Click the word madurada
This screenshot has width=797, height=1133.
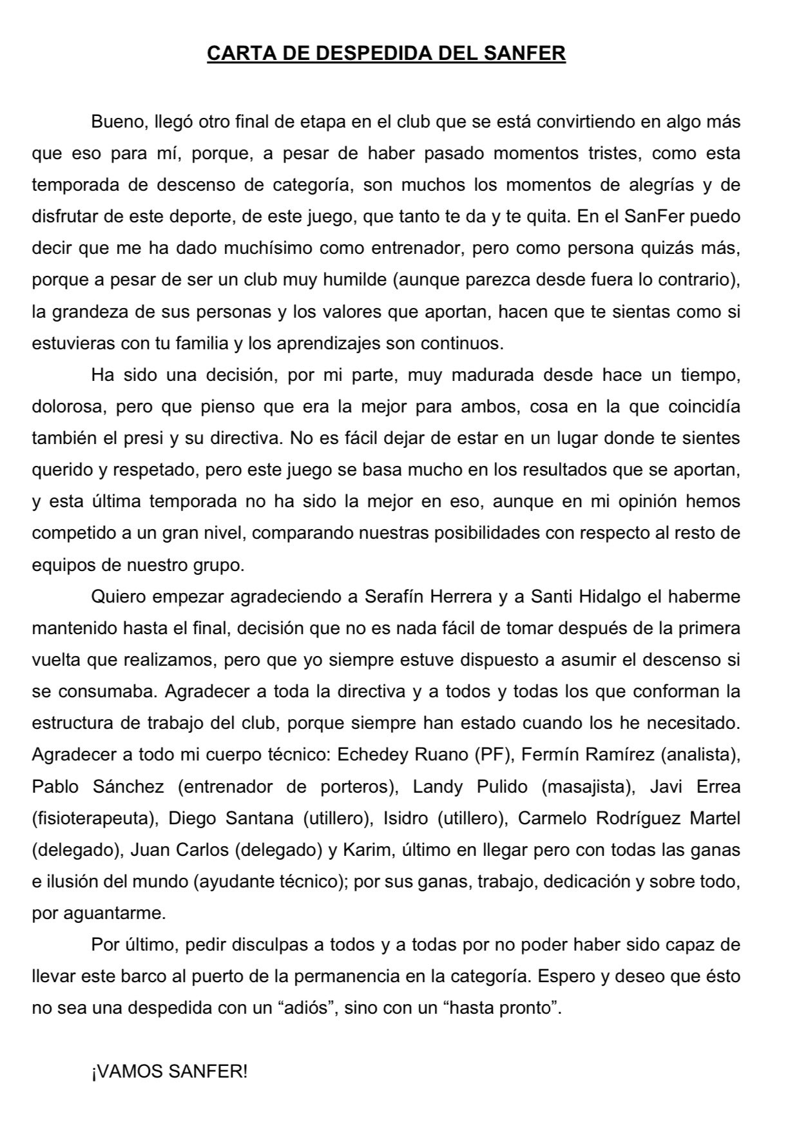[x=492, y=375]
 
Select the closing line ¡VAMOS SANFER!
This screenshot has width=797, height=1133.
[x=169, y=1072]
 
